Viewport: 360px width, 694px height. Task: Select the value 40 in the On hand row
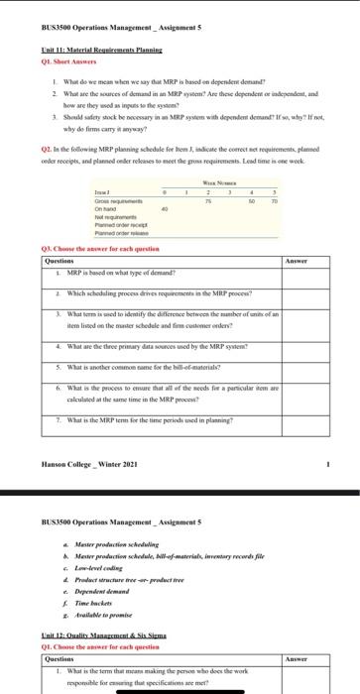(164, 210)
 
